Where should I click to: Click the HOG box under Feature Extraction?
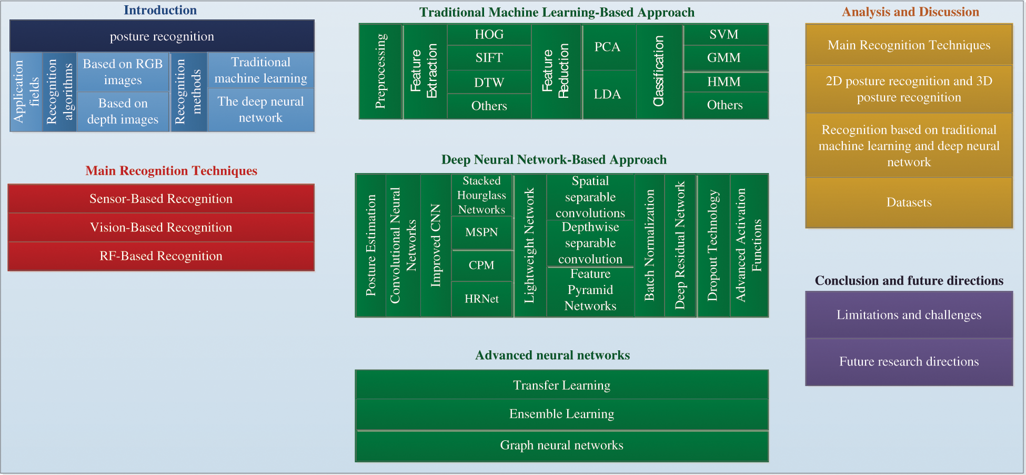(489, 35)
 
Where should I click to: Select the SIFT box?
(489, 58)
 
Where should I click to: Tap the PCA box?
(607, 47)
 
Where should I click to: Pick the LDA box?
(607, 95)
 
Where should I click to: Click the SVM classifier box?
(724, 35)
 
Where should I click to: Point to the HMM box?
(724, 82)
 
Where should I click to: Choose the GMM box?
(724, 58)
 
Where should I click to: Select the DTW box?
(489, 83)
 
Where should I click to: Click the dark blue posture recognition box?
(162, 36)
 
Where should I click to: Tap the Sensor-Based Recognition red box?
(161, 199)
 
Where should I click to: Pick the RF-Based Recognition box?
(161, 256)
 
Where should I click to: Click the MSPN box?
(481, 233)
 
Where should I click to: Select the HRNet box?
(481, 299)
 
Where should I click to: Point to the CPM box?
(481, 265)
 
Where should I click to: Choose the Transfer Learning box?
(561, 386)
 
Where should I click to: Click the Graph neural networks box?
(561, 446)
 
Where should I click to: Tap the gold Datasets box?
(909, 203)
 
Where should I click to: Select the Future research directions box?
(909, 362)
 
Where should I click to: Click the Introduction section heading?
(160, 10)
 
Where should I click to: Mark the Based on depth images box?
(123, 112)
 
